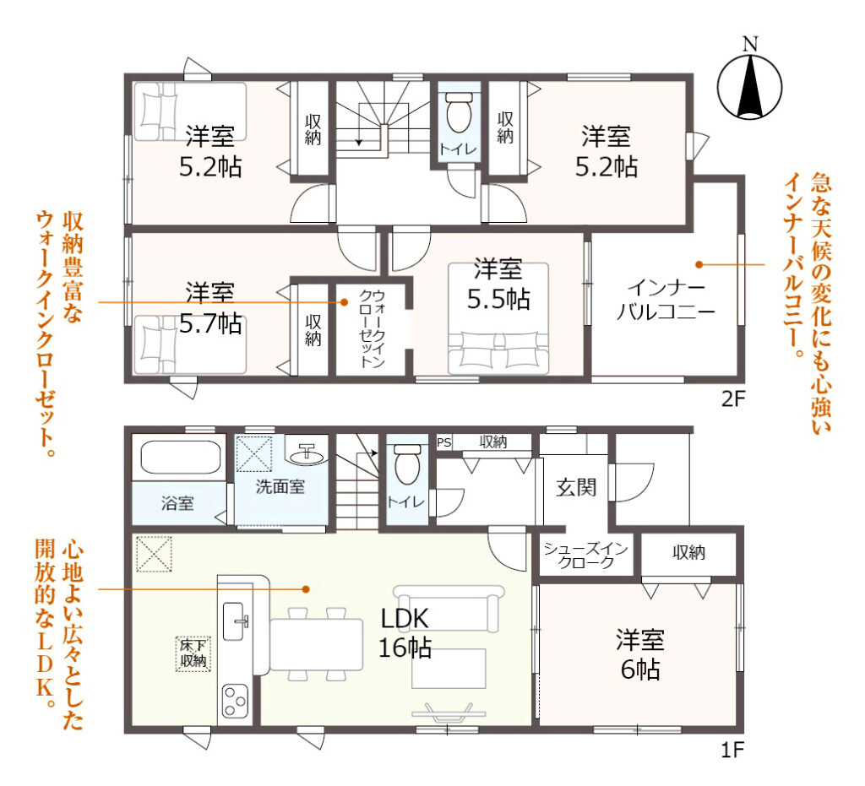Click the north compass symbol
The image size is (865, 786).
coord(749,83)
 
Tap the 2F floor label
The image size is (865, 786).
coord(732,398)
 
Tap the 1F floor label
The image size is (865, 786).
coord(732,751)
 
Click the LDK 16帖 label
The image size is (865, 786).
coord(405,633)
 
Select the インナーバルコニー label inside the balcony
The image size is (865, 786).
coord(666,300)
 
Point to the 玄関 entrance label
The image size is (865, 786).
coord(576,487)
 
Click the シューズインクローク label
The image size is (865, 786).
coord(585,555)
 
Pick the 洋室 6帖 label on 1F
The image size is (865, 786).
coord(640,655)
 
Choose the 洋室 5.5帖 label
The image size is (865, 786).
coord(498,285)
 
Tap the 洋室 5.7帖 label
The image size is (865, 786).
coord(210,309)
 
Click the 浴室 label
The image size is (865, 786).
coord(177,502)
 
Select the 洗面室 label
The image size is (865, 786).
coord(280,486)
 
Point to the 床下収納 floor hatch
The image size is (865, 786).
coord(193,653)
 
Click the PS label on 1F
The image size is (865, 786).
coord(443,442)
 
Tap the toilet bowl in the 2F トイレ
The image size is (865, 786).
coord(459,113)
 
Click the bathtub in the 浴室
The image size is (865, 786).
coord(181,458)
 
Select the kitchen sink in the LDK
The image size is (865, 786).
coord(235,621)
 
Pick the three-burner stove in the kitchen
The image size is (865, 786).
coord(235,701)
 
